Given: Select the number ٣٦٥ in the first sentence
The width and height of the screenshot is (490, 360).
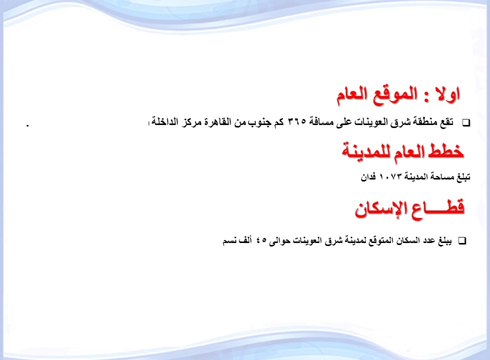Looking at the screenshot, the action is coord(296,121).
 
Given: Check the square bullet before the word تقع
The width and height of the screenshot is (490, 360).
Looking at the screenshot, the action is coord(466,123).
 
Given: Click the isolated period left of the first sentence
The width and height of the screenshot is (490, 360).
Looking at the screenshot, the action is coord(28,125).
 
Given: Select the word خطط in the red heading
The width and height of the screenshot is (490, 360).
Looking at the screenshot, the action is coord(445,151).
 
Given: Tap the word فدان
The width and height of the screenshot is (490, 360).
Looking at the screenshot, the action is coord(368,177).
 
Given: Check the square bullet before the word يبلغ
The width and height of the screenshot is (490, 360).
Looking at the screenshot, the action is coord(462,240).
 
